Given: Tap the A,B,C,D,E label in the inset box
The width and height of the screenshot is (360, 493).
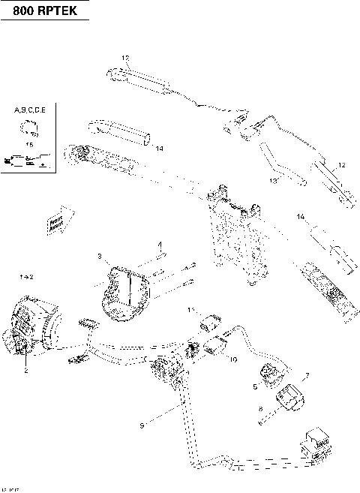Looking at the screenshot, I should (30, 110).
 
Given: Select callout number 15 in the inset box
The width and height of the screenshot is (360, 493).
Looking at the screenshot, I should (29, 143).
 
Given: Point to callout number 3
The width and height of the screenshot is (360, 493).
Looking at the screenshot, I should (99, 257).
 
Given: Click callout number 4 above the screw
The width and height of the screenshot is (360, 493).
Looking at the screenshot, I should (159, 245).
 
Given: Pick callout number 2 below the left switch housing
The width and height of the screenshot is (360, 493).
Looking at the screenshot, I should (25, 370).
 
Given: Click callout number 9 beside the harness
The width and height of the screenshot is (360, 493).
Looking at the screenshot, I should (142, 427).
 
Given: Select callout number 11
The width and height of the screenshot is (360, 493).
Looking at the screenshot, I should (191, 310).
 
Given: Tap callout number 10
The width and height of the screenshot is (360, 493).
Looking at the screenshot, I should (233, 360).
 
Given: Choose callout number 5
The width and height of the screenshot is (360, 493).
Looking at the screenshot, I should (255, 386).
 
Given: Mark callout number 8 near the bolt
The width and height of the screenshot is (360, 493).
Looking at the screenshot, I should (260, 410).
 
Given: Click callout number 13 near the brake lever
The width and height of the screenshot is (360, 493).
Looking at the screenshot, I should (274, 180).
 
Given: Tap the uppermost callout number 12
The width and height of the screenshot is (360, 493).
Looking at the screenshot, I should (125, 58).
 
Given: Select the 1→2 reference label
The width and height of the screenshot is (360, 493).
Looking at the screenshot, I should (26, 278).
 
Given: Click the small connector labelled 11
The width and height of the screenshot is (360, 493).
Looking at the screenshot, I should (211, 325).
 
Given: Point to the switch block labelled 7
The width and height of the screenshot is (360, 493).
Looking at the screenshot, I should (289, 397).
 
